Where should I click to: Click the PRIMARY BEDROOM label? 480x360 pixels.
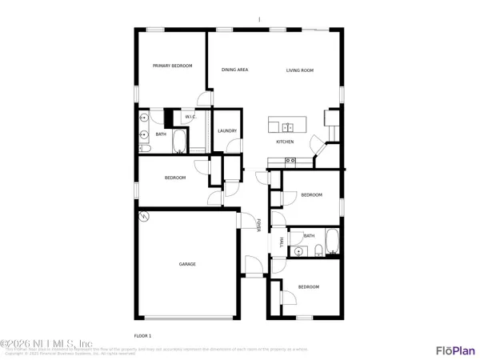tap(173, 66)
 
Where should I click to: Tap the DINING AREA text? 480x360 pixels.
tap(234, 70)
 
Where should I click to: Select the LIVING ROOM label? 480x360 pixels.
tap(300, 70)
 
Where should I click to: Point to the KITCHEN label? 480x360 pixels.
tap(285, 142)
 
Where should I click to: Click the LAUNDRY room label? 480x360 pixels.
tap(226, 131)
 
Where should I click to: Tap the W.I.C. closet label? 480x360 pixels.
tap(190, 118)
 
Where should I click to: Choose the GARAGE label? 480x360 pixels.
tap(187, 264)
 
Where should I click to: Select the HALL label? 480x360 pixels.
tap(281, 242)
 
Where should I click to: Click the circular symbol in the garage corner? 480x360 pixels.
tap(144, 216)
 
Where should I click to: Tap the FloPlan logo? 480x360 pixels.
tap(454, 350)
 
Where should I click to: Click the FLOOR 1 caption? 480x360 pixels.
tap(142, 335)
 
